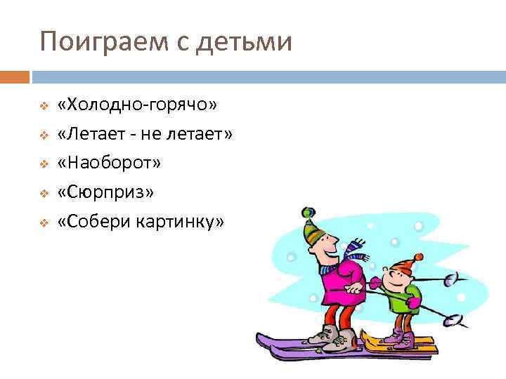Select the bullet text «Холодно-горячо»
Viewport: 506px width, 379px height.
[138, 105]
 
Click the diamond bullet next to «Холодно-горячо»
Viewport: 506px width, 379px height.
[43, 106]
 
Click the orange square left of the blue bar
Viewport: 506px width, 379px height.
[15, 76]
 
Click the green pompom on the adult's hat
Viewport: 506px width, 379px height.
[306, 211]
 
